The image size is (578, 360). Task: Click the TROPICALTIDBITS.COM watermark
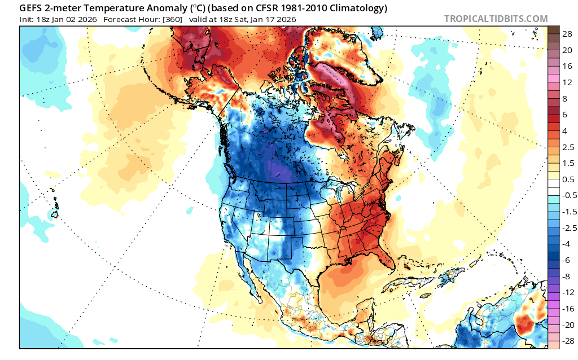[496, 19]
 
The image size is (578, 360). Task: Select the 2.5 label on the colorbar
[568, 147]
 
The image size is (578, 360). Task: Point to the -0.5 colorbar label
[568, 196]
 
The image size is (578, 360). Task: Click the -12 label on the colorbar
[568, 292]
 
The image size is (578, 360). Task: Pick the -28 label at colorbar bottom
[568, 341]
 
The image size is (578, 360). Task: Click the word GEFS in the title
[29, 8]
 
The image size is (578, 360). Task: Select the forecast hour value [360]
[173, 20]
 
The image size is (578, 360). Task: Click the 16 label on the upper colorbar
[567, 67]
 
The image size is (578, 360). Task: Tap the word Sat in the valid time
[242, 20]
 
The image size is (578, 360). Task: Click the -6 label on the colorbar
[566, 260]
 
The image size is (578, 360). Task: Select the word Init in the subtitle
[27, 20]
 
